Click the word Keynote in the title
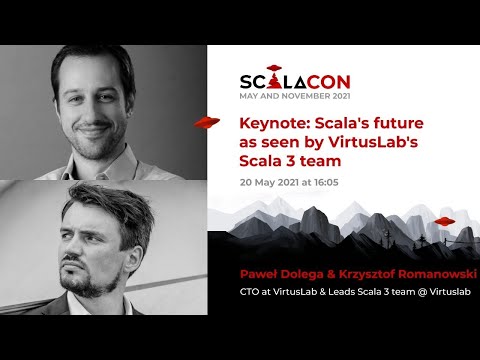(269, 124)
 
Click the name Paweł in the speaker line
(257, 272)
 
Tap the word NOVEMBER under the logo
(303, 97)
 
